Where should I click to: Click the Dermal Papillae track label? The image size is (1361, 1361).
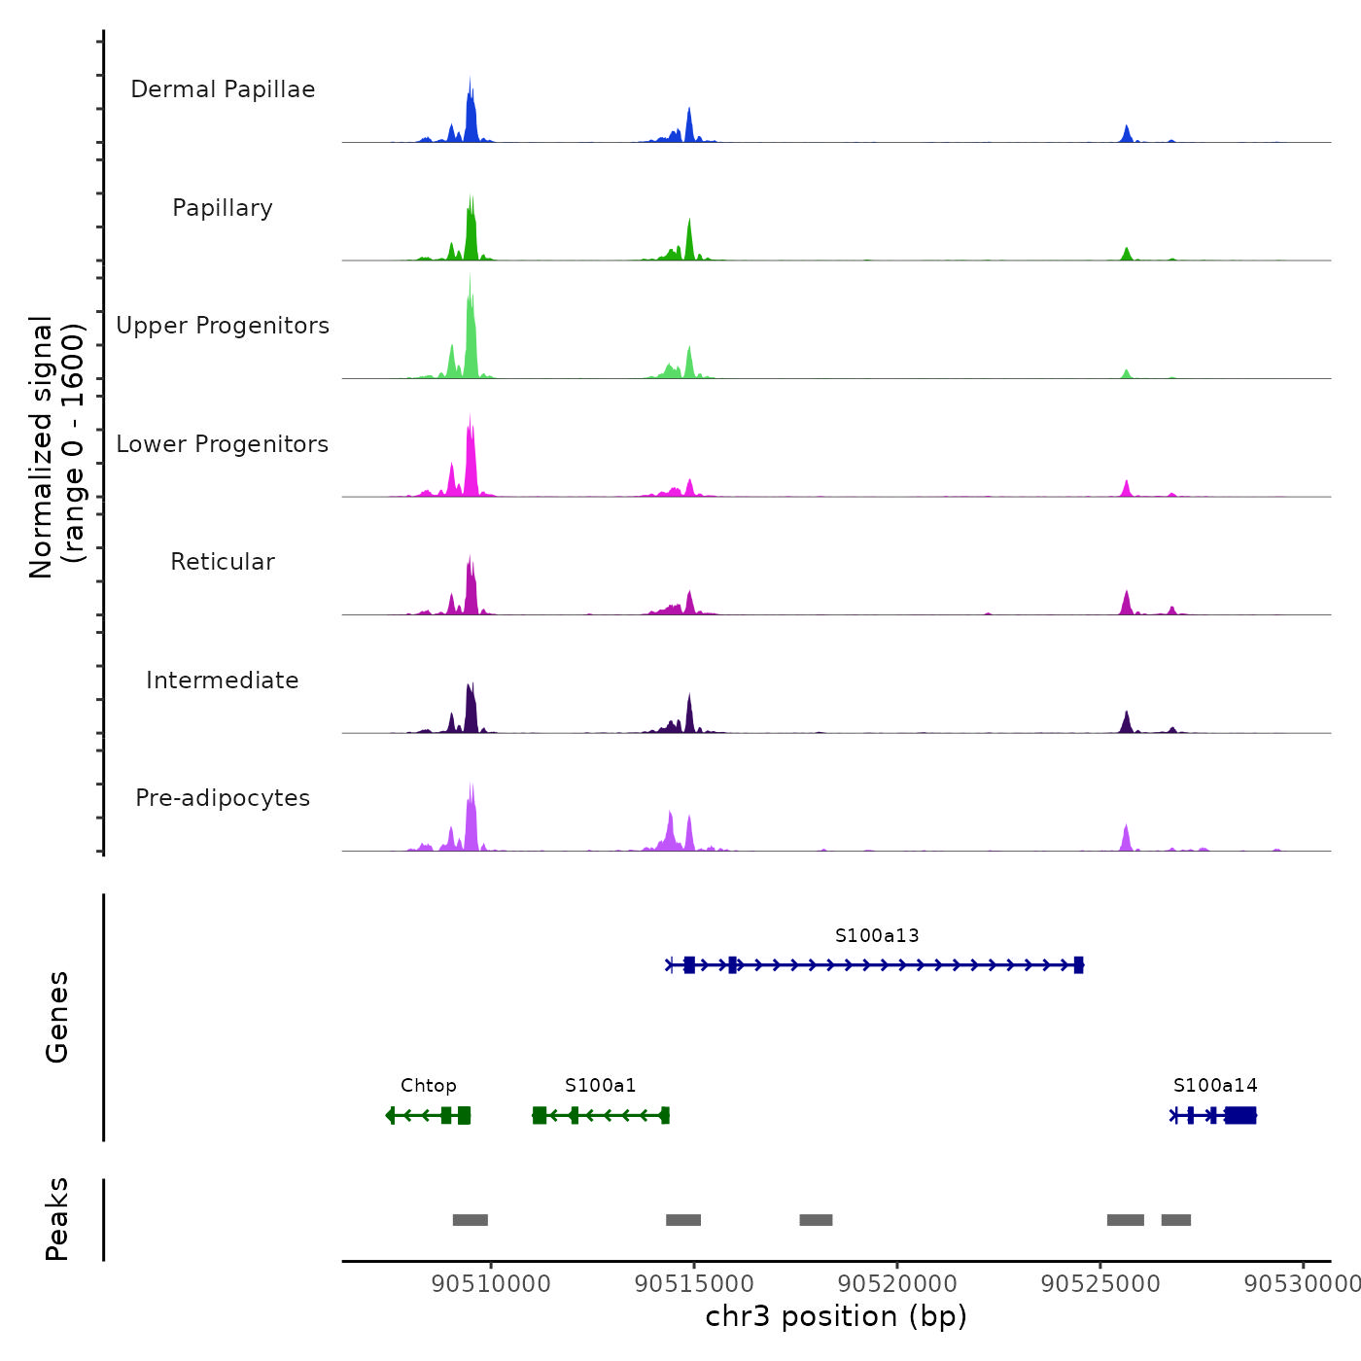tap(223, 89)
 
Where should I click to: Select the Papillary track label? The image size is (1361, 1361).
tap(223, 208)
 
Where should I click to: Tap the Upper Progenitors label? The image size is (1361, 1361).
tap(223, 326)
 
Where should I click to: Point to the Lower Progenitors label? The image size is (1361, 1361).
tap(223, 444)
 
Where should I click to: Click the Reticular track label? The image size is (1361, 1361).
tap(223, 562)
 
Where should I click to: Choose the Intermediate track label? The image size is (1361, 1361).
tap(223, 680)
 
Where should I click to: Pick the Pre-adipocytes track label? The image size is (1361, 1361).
tap(223, 798)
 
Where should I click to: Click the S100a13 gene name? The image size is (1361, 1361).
tap(877, 935)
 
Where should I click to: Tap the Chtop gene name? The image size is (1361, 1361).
tap(429, 1085)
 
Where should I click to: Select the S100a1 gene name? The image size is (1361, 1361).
tap(601, 1085)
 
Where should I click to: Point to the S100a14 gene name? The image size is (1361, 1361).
tap(1215, 1085)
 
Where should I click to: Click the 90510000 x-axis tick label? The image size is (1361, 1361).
tap(491, 1284)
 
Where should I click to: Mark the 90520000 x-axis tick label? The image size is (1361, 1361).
tap(897, 1284)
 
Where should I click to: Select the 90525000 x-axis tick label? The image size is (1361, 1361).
tap(1100, 1284)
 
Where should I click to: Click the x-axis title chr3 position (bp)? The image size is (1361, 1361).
tap(836, 1316)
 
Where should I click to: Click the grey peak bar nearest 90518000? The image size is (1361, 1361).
tap(816, 1220)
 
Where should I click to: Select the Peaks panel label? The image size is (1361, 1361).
tap(57, 1219)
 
